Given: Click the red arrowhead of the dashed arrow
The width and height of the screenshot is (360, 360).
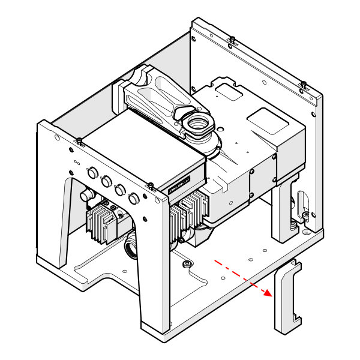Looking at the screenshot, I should point(268,292).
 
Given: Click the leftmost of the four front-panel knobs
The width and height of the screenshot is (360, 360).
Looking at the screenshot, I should point(92,172).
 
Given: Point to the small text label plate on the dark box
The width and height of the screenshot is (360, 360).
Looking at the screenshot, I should point(179,184).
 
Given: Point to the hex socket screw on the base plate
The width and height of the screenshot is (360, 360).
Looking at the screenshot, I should point(188,264).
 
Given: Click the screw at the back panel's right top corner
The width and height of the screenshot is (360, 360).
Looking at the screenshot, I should point(304,83).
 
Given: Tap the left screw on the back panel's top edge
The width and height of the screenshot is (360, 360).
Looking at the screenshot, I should point(232,40).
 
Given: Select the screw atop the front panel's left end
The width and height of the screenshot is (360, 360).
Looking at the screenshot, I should point(79,142).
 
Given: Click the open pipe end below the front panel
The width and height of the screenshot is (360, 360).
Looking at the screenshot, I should point(131,247).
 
